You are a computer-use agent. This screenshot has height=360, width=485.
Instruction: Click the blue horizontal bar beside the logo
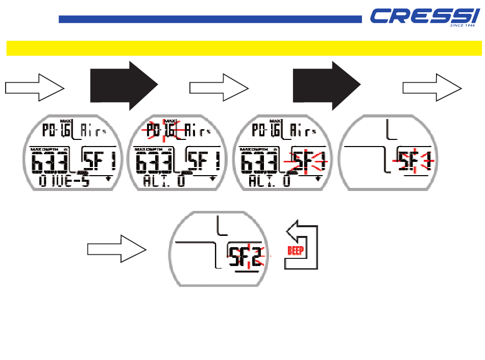210,19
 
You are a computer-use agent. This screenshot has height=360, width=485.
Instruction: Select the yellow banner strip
244,49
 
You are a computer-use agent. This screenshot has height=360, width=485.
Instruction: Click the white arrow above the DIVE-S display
35,87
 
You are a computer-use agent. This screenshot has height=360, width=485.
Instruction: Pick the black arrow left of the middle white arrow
123,86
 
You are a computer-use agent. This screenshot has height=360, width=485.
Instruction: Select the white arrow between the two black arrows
219,87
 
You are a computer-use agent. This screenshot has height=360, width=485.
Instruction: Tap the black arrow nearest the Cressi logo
326,86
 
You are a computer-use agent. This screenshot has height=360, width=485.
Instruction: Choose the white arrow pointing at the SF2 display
116,249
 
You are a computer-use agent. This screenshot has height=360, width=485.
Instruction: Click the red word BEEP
296,251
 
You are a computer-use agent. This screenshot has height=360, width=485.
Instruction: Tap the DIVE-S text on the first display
63,181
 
